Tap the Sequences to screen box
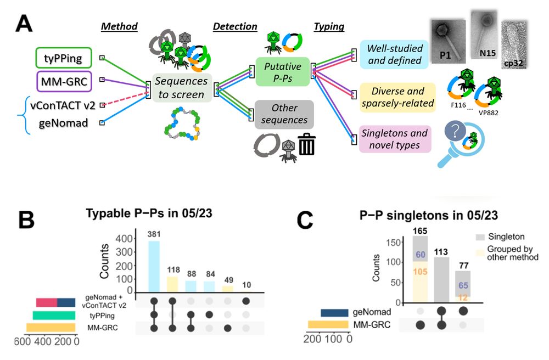click(x=181, y=88)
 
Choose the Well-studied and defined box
click(x=394, y=54)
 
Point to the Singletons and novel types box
click(x=394, y=138)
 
